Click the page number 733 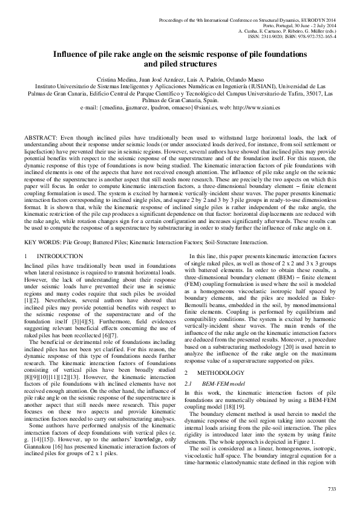(331, 488)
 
